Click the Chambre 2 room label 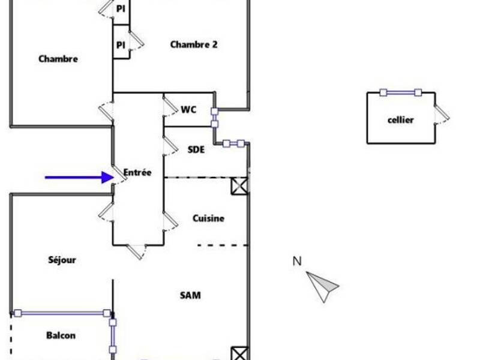194,44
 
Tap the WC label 188,110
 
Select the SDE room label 196,149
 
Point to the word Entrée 137,172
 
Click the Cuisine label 208,218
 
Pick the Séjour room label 62,260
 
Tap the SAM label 190,295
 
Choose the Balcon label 61,335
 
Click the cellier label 400,120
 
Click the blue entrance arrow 79,177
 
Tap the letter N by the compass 297,261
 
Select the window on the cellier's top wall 400,92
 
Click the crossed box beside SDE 239,185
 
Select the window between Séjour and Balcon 62,313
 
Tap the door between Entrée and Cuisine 170,221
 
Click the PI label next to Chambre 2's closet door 121,45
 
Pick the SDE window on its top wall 233,143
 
